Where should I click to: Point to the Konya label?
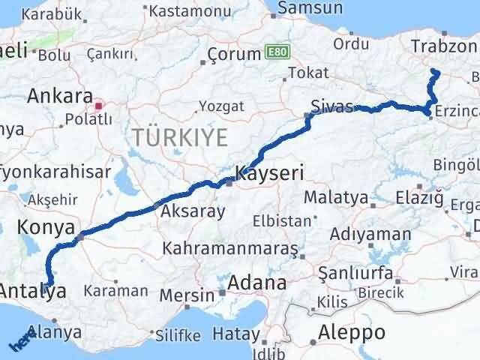(x=49, y=227)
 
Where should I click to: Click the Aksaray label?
(x=192, y=211)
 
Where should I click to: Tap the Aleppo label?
(x=352, y=332)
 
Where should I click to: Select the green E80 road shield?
(x=275, y=53)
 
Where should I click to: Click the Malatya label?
(x=337, y=199)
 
